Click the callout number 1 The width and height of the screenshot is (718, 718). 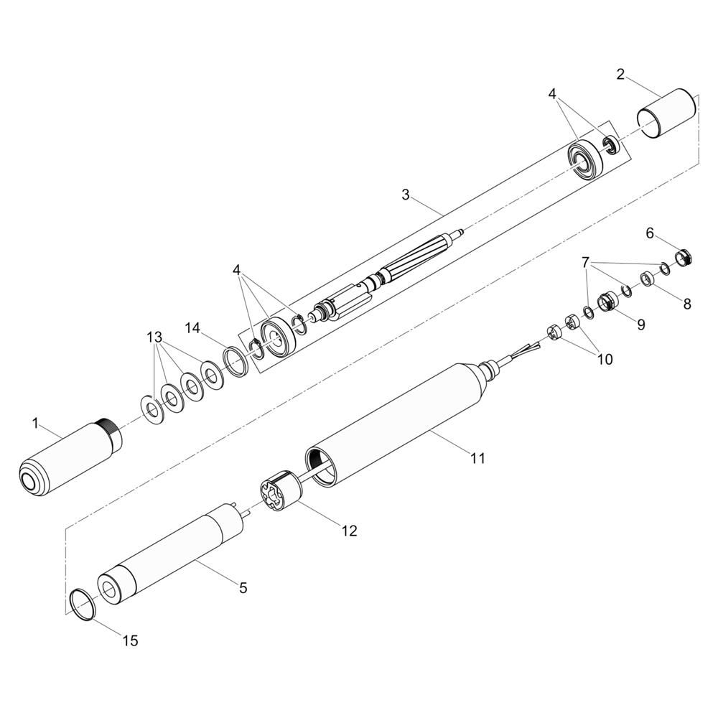point(35,423)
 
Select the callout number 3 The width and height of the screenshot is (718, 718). point(406,195)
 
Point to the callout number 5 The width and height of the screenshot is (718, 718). point(243,588)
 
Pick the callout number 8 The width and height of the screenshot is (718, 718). point(687,304)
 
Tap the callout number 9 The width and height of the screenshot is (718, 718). point(640,325)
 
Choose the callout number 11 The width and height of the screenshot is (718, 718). point(478,457)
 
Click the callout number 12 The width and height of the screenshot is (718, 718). point(349,531)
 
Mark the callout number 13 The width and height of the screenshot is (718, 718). point(154,336)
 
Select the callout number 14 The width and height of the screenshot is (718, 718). point(192,328)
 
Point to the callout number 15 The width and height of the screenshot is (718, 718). point(130,640)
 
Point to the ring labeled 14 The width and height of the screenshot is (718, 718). point(236,359)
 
